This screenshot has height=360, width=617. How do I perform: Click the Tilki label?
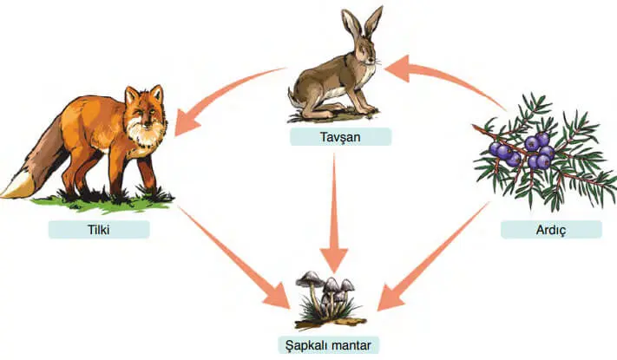pos(99,230)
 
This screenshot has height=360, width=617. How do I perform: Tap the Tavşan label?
pos(341,136)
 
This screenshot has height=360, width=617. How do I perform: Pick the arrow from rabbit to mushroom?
pos(334,217)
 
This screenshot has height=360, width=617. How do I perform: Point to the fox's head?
pos(143,108)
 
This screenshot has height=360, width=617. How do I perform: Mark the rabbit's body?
pos(321,87)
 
